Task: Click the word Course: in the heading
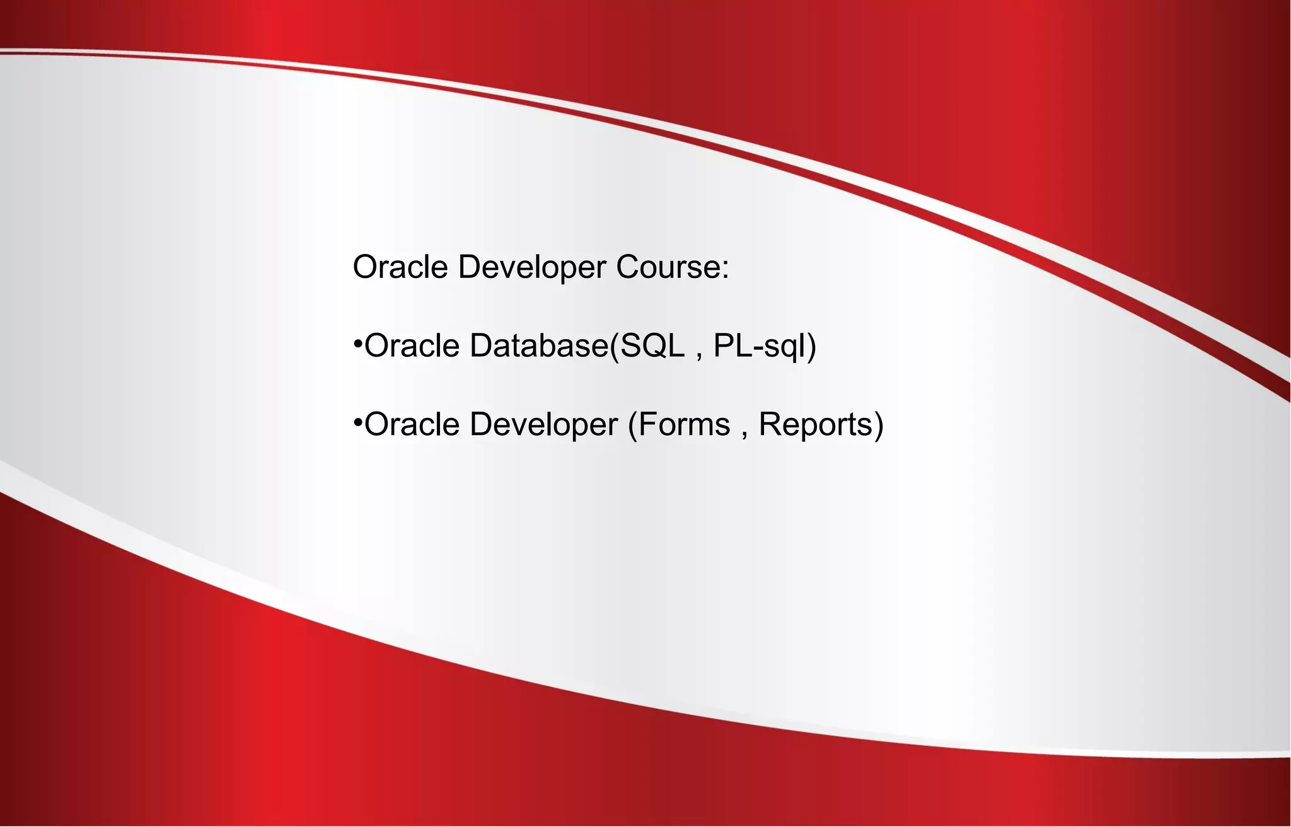coord(672,267)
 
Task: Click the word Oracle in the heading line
coord(400,267)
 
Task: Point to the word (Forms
coord(679,424)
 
